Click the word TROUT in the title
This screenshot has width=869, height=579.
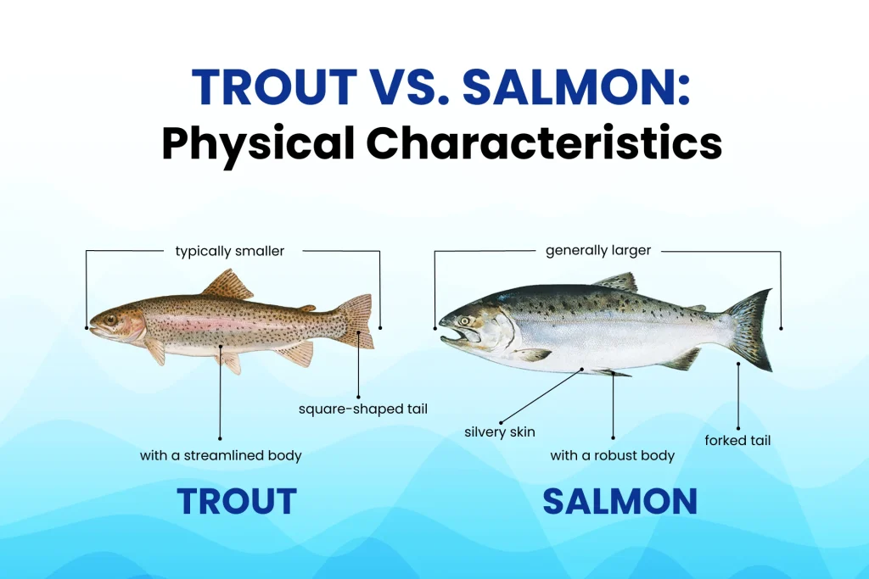(274, 87)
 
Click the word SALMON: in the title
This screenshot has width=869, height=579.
(576, 87)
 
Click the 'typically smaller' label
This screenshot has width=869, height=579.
(229, 251)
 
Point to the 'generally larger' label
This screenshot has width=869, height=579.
(598, 250)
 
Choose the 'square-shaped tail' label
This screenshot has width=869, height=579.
(363, 409)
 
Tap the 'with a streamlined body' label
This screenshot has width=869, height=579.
(221, 455)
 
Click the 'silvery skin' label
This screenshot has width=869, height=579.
(499, 431)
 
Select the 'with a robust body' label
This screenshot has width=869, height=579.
(613, 455)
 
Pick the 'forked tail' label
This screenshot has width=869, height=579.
(737, 441)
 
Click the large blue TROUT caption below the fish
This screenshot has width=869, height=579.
(237, 501)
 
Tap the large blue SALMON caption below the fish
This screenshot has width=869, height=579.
(620, 501)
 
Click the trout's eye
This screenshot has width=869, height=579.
(110, 320)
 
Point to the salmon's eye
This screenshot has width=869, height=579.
(464, 321)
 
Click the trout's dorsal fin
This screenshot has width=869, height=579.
(227, 285)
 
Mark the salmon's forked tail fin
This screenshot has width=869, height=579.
(750, 330)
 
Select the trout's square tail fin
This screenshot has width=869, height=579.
(356, 321)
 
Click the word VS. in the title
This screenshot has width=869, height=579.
(410, 87)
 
